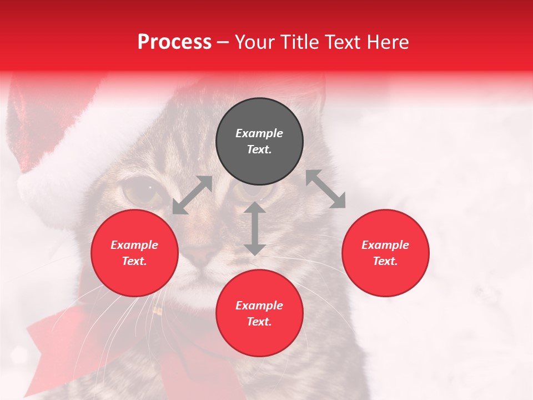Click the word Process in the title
click(174, 42)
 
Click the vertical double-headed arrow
click(255, 228)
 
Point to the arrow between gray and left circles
click(192, 195)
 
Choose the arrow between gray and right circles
click(325, 189)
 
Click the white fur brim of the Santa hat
click(61, 161)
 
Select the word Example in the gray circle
click(259, 133)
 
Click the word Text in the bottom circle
click(259, 322)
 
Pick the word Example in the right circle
click(385, 245)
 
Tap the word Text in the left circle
click(134, 261)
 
